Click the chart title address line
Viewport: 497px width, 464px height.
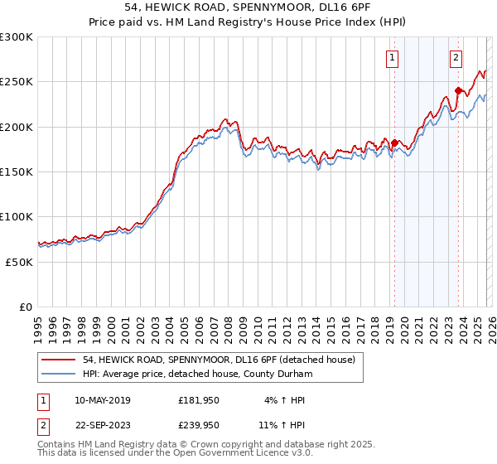[248, 7]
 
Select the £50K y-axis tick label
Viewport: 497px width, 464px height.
[19, 261]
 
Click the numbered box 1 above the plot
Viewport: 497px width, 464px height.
[391, 57]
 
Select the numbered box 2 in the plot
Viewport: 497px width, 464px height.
[456, 57]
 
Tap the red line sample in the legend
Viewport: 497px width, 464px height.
[60, 359]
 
